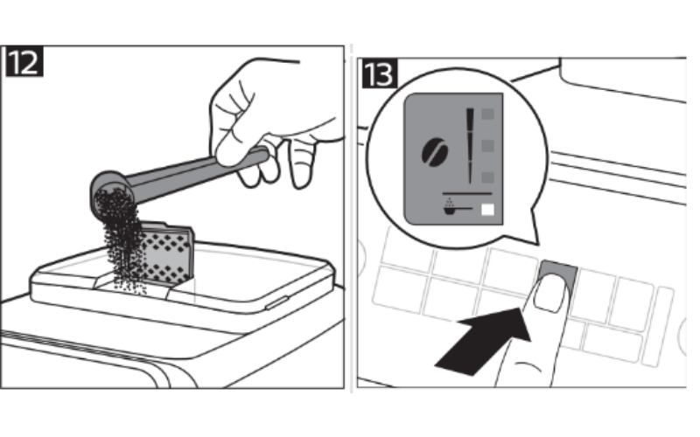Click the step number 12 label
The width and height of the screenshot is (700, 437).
(24, 63)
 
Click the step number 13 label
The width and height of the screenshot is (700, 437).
(379, 73)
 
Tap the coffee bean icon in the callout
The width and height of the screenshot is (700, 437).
(435, 151)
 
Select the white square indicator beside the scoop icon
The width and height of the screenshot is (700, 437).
(488, 210)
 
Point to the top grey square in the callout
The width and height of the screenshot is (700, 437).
(488, 114)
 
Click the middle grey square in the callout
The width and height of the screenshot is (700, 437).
(488, 145)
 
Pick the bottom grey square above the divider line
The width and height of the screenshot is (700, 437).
(488, 177)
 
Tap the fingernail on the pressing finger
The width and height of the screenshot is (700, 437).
(550, 293)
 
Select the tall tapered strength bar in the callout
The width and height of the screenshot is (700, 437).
(470, 145)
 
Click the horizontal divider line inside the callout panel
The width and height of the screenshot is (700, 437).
(467, 193)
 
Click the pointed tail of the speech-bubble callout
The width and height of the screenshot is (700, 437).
(535, 227)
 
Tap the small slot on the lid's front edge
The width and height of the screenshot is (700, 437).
(276, 302)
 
